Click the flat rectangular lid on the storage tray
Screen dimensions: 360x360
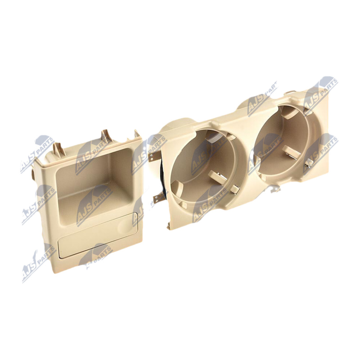(x=98, y=235)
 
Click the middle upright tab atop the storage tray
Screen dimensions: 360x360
(x=106, y=137)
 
